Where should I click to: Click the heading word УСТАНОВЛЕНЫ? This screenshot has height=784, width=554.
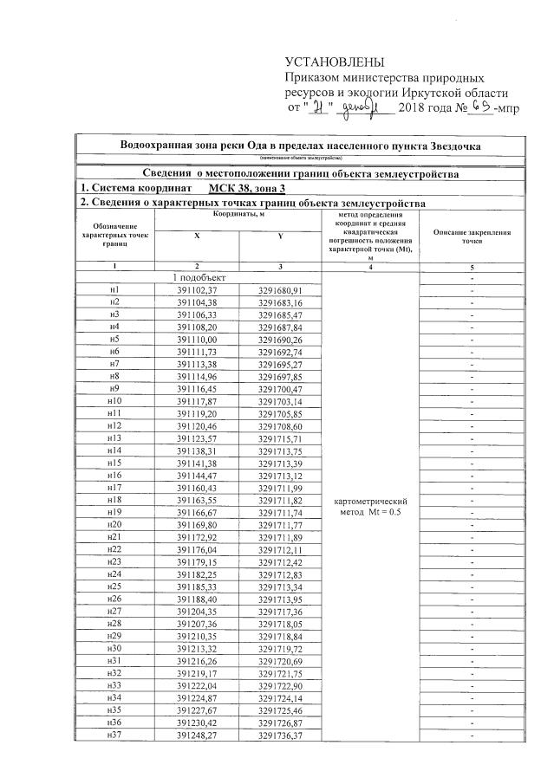click(333, 62)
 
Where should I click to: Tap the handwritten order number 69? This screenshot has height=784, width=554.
click(481, 107)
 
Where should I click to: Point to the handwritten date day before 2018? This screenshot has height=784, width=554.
click(315, 108)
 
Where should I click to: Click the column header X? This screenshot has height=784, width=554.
click(196, 235)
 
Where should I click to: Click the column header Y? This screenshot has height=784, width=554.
click(280, 235)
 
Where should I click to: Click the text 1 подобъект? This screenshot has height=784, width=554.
click(200, 276)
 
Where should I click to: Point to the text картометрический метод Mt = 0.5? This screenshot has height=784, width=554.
click(370, 507)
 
